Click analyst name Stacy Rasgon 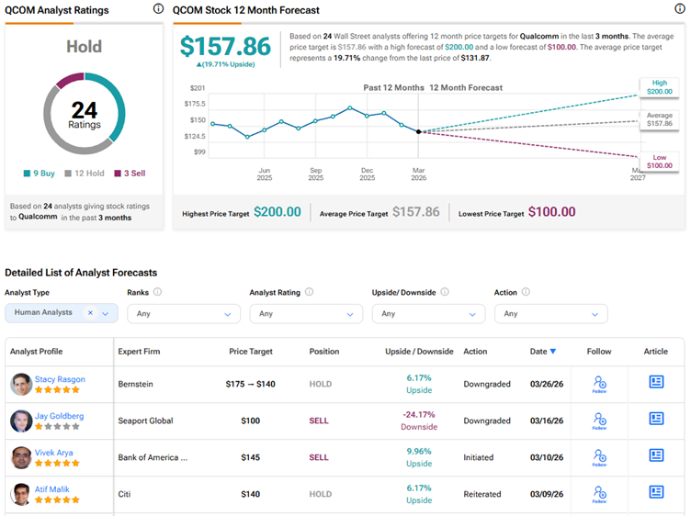(x=59, y=379)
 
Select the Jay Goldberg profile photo (x=21, y=421)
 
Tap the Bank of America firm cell (x=153, y=457)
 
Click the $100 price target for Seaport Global (x=250, y=421)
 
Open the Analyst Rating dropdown (x=306, y=314)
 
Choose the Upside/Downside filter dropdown (x=428, y=314)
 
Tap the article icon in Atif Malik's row (x=656, y=493)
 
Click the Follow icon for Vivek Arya (x=599, y=456)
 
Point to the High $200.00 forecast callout (x=659, y=88)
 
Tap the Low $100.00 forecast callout (x=659, y=163)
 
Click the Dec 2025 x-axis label (x=367, y=174)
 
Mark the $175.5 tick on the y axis (x=198, y=104)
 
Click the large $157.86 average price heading (x=225, y=46)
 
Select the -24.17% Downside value (x=418, y=421)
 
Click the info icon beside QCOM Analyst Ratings (x=158, y=10)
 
